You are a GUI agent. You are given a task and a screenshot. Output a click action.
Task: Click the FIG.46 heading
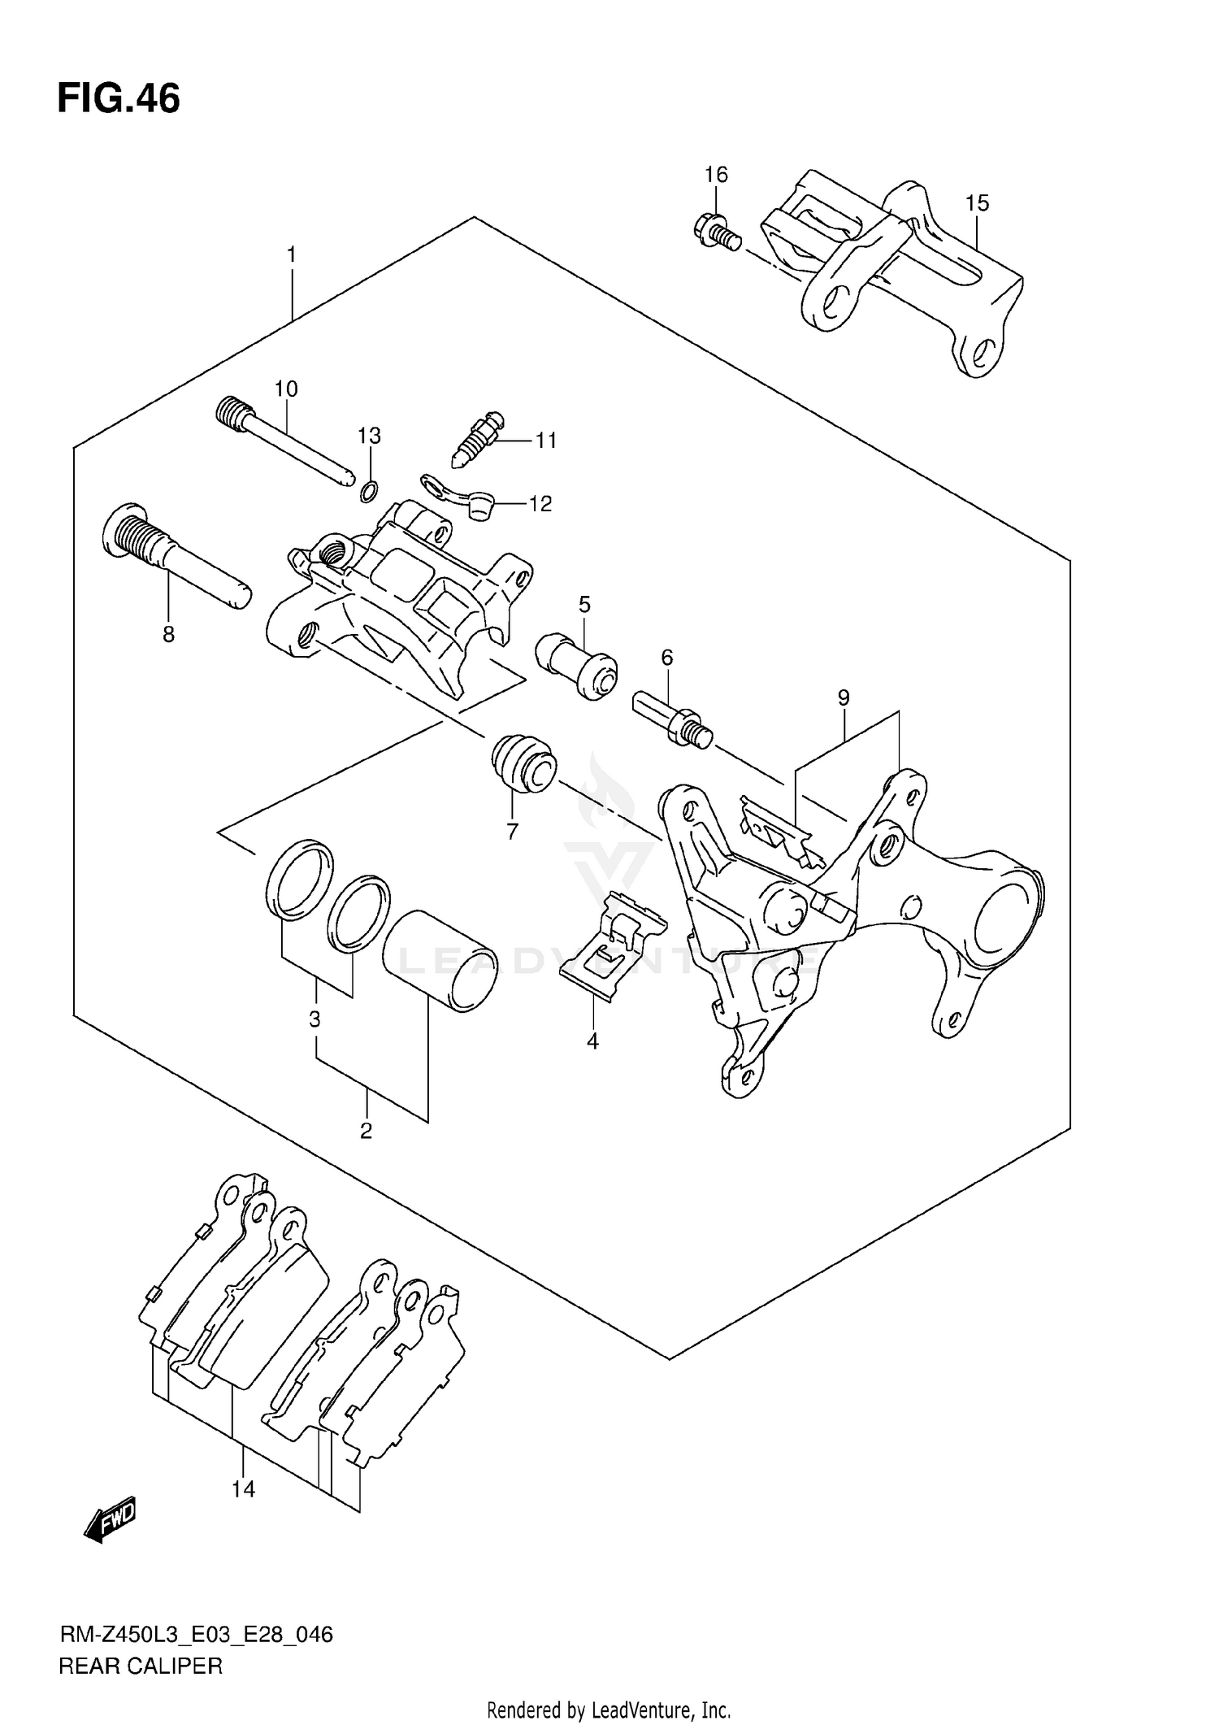[x=119, y=99]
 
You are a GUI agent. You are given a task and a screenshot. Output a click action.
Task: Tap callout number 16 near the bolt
[x=716, y=175]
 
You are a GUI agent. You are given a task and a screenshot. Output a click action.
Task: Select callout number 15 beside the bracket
[x=977, y=203]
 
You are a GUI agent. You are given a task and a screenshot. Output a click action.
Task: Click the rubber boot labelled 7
[x=523, y=761]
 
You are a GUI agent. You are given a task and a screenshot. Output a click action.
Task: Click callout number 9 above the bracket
[x=844, y=697]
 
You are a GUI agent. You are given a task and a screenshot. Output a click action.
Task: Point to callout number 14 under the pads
[x=243, y=1489]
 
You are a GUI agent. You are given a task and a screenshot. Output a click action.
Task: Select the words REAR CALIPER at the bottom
[x=141, y=1666]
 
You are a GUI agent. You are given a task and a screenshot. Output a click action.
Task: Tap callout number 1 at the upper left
[x=292, y=255]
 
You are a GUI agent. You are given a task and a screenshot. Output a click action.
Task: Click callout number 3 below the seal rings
[x=315, y=1019]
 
